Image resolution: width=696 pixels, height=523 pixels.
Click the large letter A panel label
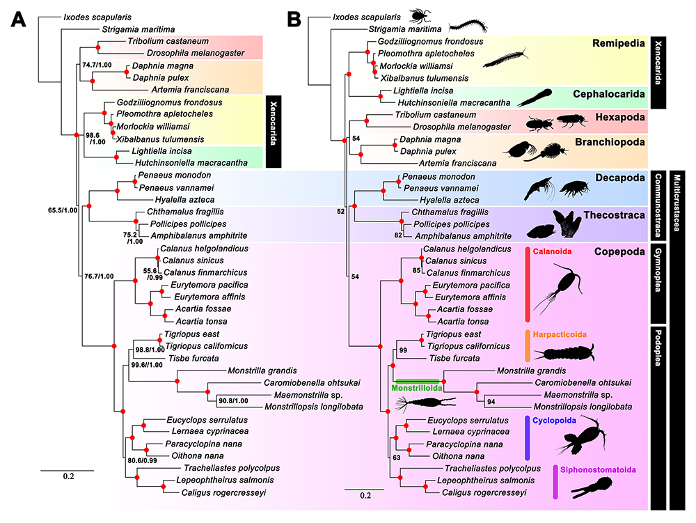[x=18, y=19]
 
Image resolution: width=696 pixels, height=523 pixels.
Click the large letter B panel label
[x=294, y=19]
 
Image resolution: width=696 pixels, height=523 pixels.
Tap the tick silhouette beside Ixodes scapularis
[x=418, y=16]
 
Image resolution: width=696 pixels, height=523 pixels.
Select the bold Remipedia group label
[x=618, y=43]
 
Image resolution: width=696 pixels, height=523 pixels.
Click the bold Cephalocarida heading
[x=608, y=94]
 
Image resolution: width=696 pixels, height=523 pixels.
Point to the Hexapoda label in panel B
[x=620, y=117]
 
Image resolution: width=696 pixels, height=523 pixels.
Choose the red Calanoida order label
[x=552, y=251]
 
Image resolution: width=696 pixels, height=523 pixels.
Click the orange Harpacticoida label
[x=560, y=335]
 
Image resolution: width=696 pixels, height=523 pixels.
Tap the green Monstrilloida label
[x=417, y=388]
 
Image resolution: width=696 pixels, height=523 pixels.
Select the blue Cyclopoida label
[x=554, y=421]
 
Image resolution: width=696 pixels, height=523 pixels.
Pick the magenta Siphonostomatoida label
[x=598, y=469]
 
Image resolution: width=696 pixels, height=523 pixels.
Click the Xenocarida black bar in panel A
[x=274, y=132]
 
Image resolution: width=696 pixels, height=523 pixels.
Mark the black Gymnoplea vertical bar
[x=658, y=283]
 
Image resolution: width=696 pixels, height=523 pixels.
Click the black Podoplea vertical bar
[x=658, y=417]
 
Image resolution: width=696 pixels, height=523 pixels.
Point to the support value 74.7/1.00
[x=97, y=65]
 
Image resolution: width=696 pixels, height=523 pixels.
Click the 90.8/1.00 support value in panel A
[x=233, y=400]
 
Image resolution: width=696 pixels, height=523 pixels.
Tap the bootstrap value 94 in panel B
[x=491, y=402]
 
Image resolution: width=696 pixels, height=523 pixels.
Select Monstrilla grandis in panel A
[x=262, y=370]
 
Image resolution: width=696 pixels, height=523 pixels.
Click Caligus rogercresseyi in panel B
[x=484, y=492]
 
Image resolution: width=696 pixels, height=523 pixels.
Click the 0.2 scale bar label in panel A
[x=68, y=476]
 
